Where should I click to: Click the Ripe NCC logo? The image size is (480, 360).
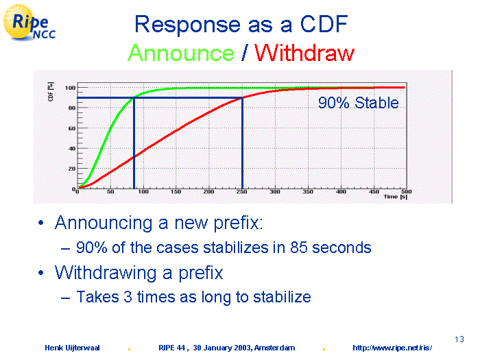coord(29,23)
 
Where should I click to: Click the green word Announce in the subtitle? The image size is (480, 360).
coord(181,53)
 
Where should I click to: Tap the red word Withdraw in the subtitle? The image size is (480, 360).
coord(304,53)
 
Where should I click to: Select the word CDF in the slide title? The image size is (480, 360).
coord(324,24)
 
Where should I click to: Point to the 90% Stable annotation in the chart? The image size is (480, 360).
coord(358,103)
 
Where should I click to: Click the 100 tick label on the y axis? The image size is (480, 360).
coord(70,88)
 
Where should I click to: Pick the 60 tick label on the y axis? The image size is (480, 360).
coord(72,129)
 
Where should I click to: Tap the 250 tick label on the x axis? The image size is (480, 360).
coord(242,191)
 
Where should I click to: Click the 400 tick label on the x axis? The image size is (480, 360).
coord(341,191)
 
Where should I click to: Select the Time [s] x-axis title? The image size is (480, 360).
coord(396,197)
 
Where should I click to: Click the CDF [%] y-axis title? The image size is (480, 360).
coord(51,91)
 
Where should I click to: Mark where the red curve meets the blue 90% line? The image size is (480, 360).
coord(243,97)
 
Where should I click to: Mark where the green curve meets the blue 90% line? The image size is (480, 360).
coord(134,97)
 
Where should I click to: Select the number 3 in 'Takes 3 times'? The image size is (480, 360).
coord(128,297)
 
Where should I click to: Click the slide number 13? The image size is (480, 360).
coord(459,339)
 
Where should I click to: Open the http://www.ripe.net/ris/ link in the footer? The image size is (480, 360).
coord(392,348)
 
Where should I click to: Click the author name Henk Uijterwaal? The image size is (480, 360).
coord(72,348)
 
